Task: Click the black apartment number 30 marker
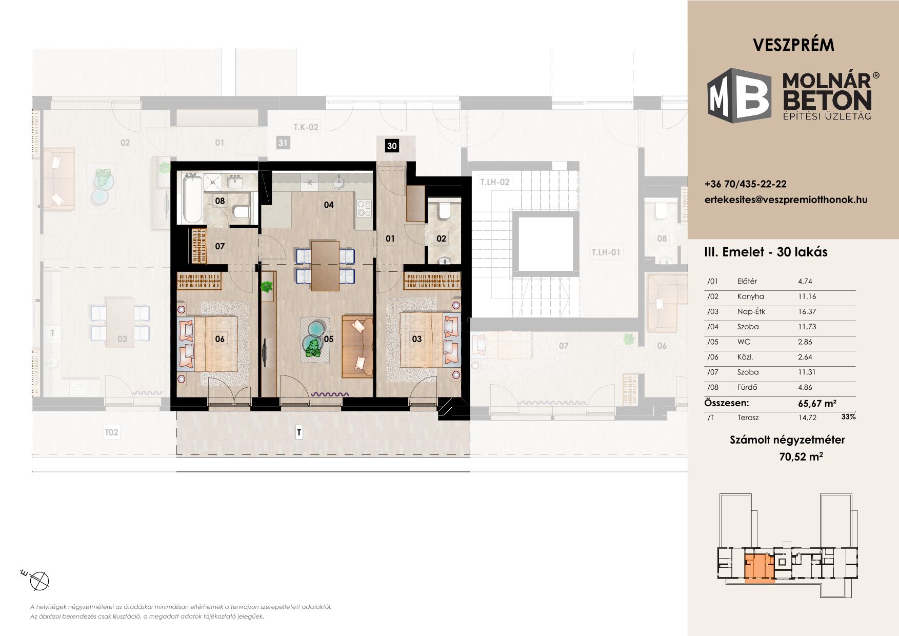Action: click(x=392, y=146)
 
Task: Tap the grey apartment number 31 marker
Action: click(x=283, y=143)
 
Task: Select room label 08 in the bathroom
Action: click(x=220, y=201)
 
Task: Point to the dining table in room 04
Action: click(x=325, y=266)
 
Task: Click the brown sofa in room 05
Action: click(x=357, y=347)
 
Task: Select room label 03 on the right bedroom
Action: click(x=417, y=339)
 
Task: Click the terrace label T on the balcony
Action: click(x=299, y=433)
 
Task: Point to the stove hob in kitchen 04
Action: click(x=364, y=210)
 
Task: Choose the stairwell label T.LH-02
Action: click(x=494, y=182)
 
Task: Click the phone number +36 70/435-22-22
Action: click(x=746, y=184)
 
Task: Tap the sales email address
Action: click(x=786, y=200)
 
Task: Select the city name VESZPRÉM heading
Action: click(x=793, y=45)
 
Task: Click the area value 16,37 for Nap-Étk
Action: click(x=807, y=312)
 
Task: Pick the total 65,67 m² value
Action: click(x=817, y=403)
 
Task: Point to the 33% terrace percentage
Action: click(x=849, y=417)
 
